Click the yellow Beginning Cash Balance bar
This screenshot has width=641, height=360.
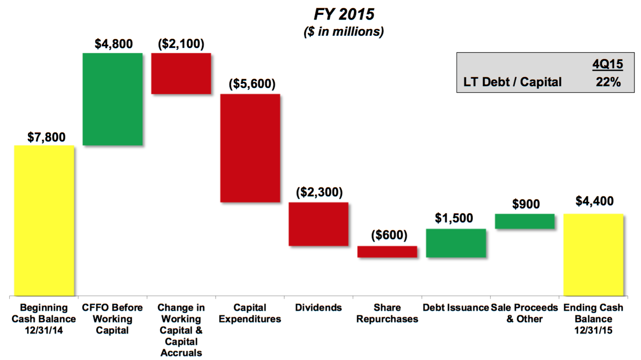[x=44, y=220]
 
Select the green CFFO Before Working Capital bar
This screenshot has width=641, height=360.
[x=113, y=99]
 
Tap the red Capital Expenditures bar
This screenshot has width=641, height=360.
[x=250, y=148]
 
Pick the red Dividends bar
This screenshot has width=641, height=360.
[x=319, y=224]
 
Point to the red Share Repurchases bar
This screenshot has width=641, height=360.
[x=387, y=252]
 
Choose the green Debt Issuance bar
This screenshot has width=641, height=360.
[x=456, y=243]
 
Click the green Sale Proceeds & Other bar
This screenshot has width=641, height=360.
[x=525, y=221]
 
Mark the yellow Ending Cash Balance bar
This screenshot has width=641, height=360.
[x=593, y=255]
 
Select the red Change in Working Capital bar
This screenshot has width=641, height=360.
[x=181, y=73]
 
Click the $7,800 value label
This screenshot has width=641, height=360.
[x=46, y=137]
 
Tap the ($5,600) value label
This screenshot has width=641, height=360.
[x=252, y=84]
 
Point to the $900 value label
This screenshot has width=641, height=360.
[x=526, y=204]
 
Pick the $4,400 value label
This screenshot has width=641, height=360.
[x=594, y=201]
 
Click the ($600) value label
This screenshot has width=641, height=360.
[x=389, y=235]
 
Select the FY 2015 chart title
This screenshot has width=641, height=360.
[x=344, y=14]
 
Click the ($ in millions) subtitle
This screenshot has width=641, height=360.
[x=344, y=32]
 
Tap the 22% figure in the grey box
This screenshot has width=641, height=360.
[x=608, y=82]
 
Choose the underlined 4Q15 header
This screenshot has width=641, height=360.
[x=607, y=65]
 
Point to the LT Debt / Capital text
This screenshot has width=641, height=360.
[x=512, y=82]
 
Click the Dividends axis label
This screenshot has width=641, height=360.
[x=318, y=308]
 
